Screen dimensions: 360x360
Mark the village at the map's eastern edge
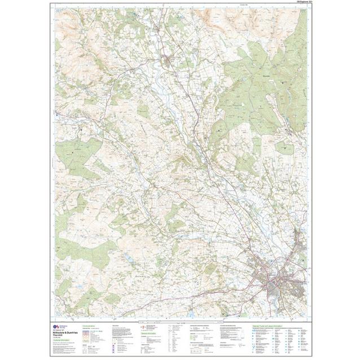(x=291, y=133)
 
